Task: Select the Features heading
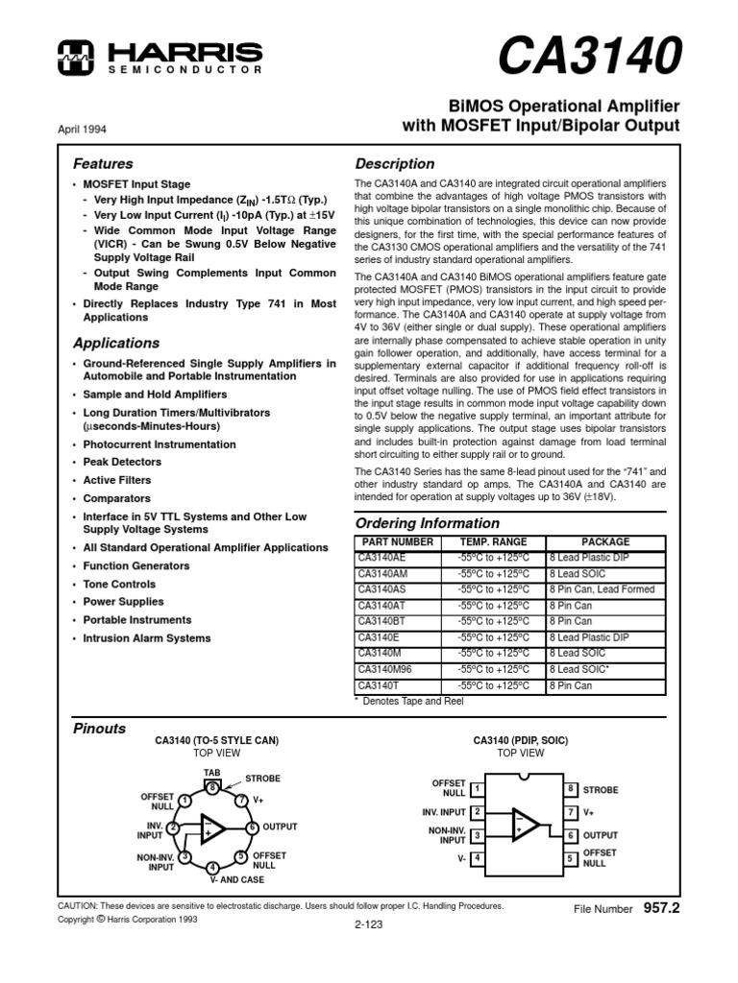103,164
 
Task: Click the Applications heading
116,343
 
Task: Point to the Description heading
395,164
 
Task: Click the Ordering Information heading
428,523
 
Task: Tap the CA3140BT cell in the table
380,621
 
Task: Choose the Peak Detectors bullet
121,462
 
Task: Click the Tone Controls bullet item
119,584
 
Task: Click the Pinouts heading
100,729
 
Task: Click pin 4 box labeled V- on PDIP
477,857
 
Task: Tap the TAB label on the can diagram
211,772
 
